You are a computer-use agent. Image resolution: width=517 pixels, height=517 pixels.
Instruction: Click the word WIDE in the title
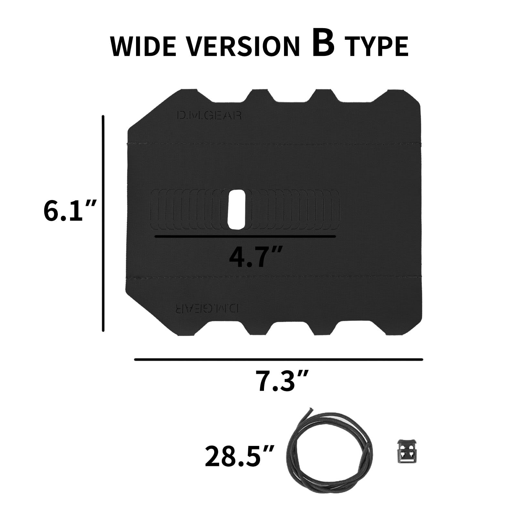144,46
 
